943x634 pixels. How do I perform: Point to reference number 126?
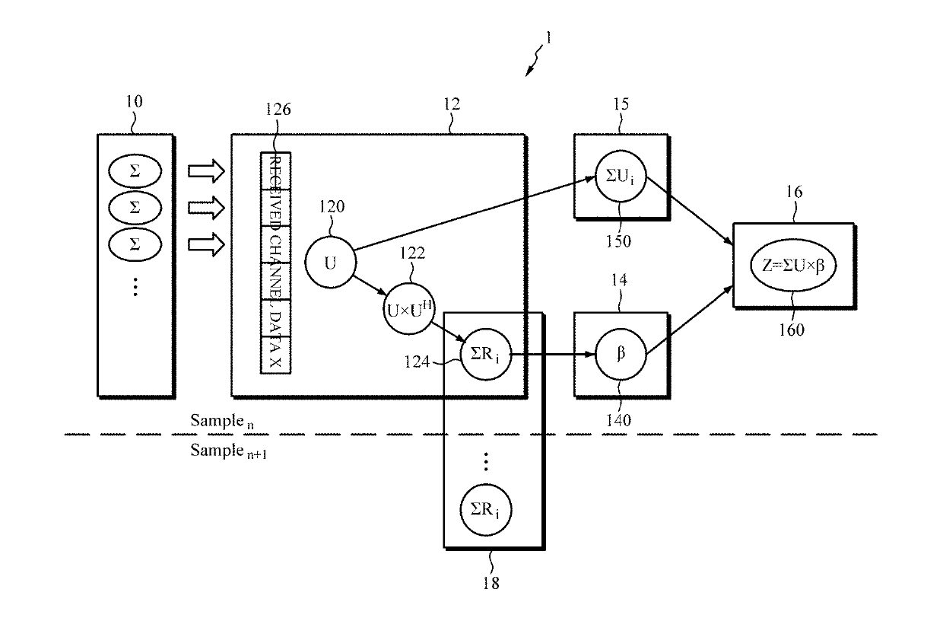278,109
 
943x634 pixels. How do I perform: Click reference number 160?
792,330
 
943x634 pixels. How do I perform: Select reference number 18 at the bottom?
491,583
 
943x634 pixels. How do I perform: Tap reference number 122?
412,253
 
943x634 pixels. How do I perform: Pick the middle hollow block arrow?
206,208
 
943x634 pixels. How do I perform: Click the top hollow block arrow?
206,171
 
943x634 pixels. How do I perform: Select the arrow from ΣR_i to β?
553,354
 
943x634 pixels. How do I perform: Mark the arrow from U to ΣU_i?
475,214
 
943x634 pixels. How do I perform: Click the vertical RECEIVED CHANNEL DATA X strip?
276,263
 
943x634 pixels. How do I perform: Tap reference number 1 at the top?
548,38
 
